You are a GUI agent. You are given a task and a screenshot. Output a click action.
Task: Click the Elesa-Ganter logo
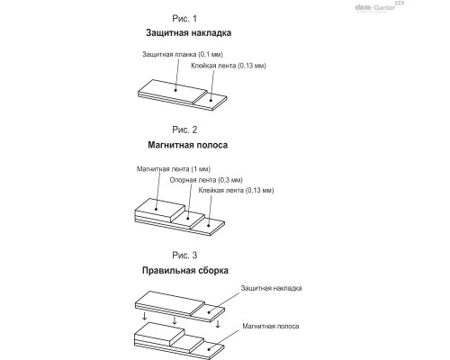[380, 6]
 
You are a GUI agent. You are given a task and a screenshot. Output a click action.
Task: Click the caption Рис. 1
[184, 19]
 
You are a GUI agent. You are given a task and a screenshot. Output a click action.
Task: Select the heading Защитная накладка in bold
[188, 32]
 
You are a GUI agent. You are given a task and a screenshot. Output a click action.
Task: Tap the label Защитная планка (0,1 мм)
[183, 54]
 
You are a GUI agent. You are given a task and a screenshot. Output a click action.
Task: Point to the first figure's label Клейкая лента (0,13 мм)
[229, 66]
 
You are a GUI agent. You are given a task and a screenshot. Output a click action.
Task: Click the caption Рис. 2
[184, 130]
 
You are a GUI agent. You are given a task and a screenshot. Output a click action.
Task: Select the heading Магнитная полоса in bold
[188, 145]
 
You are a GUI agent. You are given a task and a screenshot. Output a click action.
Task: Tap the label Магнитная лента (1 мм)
[174, 169]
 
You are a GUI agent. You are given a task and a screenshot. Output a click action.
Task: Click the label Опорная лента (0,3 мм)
[206, 180]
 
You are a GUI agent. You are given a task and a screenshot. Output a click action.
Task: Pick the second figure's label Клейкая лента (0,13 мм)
[236, 190]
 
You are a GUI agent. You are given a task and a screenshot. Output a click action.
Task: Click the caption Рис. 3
[184, 256]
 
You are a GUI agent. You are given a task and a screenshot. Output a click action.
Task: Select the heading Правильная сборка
[185, 270]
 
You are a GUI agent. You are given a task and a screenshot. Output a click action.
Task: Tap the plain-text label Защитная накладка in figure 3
[271, 288]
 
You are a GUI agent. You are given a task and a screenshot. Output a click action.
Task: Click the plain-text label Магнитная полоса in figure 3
[271, 326]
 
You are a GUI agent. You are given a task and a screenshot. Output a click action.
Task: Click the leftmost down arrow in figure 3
[145, 316]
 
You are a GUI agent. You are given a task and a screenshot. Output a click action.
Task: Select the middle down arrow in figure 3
[175, 320]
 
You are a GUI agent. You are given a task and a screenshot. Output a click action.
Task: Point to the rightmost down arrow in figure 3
[218, 324]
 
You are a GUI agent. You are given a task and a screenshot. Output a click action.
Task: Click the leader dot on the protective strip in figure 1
[175, 90]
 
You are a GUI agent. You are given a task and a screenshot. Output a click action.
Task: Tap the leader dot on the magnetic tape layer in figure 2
[156, 209]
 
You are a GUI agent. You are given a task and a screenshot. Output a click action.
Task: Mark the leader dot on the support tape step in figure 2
[187, 219]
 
